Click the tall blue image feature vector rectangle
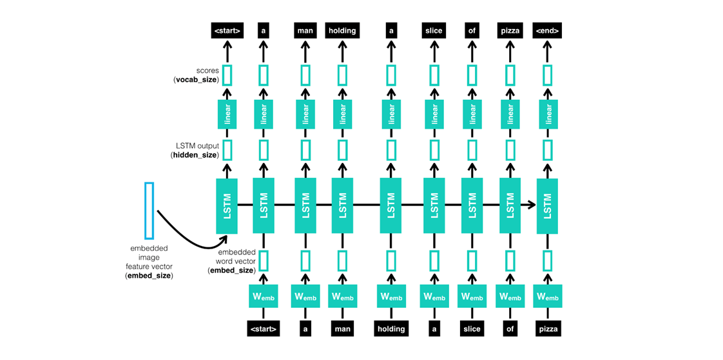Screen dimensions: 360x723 click(x=149, y=211)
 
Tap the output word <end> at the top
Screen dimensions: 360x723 click(x=548, y=30)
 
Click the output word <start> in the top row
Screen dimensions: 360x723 click(x=227, y=30)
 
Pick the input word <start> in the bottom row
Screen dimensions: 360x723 click(x=263, y=328)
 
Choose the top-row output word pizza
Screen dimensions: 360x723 click(x=510, y=30)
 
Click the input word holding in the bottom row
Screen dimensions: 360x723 click(x=391, y=328)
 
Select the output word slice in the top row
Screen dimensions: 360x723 click(x=434, y=30)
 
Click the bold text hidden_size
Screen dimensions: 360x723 click(x=195, y=155)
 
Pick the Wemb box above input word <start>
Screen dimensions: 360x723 click(x=263, y=296)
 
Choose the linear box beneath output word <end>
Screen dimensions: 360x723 click(x=548, y=114)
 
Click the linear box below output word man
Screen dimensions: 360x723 click(x=305, y=114)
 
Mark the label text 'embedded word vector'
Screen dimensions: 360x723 click(x=236, y=257)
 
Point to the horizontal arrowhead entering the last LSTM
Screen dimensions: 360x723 click(x=532, y=205)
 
